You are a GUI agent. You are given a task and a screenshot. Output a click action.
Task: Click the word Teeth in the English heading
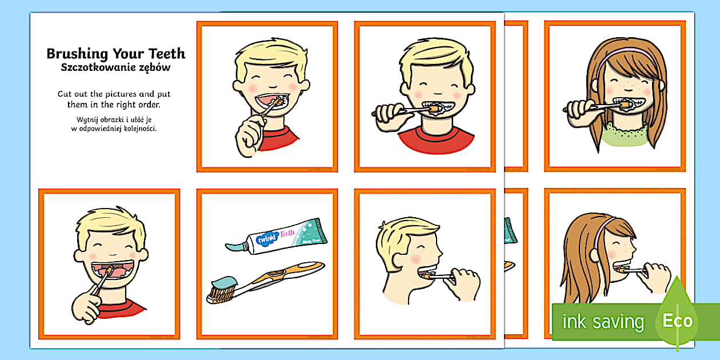[x=166, y=54]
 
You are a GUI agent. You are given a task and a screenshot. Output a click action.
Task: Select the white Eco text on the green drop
[x=677, y=321]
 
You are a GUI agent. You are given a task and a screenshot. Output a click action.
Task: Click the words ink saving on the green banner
[x=603, y=322]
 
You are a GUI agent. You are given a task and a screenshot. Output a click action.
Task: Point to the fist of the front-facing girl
[x=578, y=108]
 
